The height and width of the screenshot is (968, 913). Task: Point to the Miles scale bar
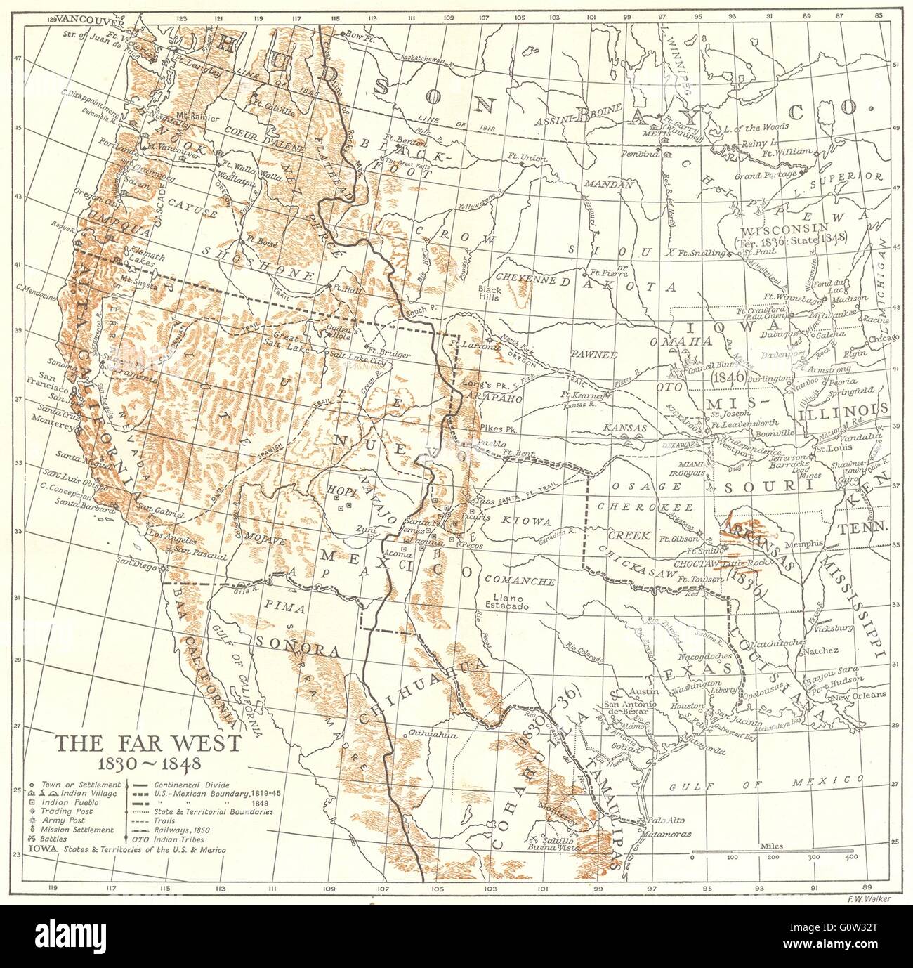771,853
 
